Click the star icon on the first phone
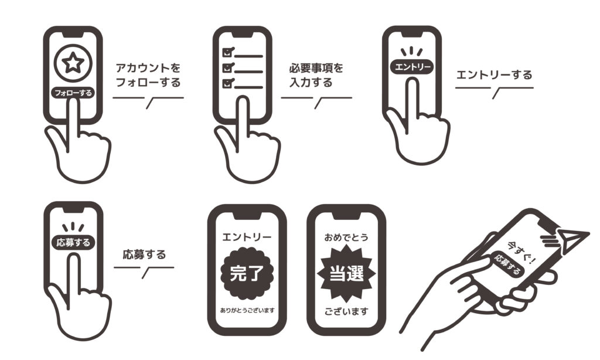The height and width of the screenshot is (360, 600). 73,63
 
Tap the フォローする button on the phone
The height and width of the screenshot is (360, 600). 73,93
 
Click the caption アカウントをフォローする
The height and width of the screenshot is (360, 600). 148,75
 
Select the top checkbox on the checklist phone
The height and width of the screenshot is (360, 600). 228,52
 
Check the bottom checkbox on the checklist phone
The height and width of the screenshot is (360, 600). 228,83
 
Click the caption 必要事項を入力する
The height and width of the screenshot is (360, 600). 316,75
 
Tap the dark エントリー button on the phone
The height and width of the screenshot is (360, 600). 412,67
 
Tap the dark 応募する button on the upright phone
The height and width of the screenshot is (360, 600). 73,242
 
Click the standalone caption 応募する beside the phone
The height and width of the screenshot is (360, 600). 144,254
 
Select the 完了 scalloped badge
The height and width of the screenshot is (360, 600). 247,273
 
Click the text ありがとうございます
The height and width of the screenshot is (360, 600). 247,310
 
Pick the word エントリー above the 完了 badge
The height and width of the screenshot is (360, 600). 247,237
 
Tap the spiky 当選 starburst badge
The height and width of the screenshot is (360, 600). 346,273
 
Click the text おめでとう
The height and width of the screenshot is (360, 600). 346,237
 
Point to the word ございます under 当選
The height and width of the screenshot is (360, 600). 346,311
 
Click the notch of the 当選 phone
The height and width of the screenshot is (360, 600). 346,216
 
